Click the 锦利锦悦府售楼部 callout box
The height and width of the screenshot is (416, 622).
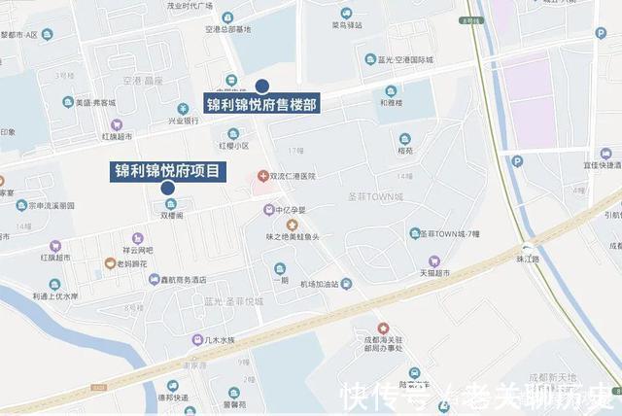point(261,103)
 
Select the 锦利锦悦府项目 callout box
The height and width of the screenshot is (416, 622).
point(167,171)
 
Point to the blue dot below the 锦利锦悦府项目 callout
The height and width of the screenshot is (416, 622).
point(168,188)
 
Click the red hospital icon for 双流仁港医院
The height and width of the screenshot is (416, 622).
point(262,175)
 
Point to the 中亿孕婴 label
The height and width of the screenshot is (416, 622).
point(289,210)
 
